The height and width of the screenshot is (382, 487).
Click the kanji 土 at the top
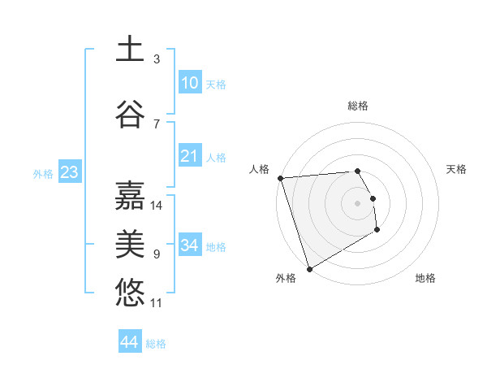tap(130, 50)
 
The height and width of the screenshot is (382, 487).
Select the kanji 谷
tap(130, 115)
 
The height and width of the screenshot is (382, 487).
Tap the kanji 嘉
tap(130, 196)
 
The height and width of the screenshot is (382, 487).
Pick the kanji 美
tap(130, 245)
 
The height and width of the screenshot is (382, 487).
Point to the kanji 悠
tap(130, 293)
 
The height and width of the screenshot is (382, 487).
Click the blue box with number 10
tap(190, 83)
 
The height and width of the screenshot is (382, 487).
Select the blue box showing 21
tap(190, 156)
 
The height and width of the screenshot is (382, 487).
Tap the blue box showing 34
tap(190, 245)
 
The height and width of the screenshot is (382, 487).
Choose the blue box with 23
tap(69, 172)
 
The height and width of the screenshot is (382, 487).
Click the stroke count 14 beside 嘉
tap(157, 206)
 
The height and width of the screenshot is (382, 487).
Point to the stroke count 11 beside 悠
tap(157, 303)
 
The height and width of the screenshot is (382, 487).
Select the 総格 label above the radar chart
tap(358, 106)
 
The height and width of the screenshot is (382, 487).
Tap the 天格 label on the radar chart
tap(457, 169)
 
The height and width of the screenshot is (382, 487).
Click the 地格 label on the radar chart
tap(425, 278)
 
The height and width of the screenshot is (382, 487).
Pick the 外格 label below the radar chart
tap(286, 278)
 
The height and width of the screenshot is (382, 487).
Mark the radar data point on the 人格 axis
tap(280, 178)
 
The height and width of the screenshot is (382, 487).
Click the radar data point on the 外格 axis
tap(309, 268)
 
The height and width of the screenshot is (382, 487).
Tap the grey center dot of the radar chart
tap(358, 203)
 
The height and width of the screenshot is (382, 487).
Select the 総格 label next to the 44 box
tap(157, 344)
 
